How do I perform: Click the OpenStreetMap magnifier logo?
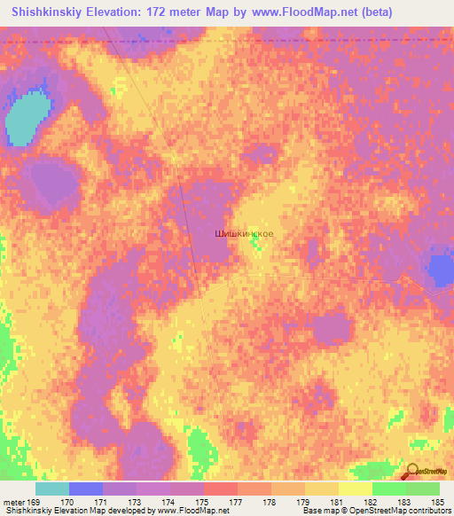411,472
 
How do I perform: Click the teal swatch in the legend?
51,489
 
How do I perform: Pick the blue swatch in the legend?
85,489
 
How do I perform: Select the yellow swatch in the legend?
355,489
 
